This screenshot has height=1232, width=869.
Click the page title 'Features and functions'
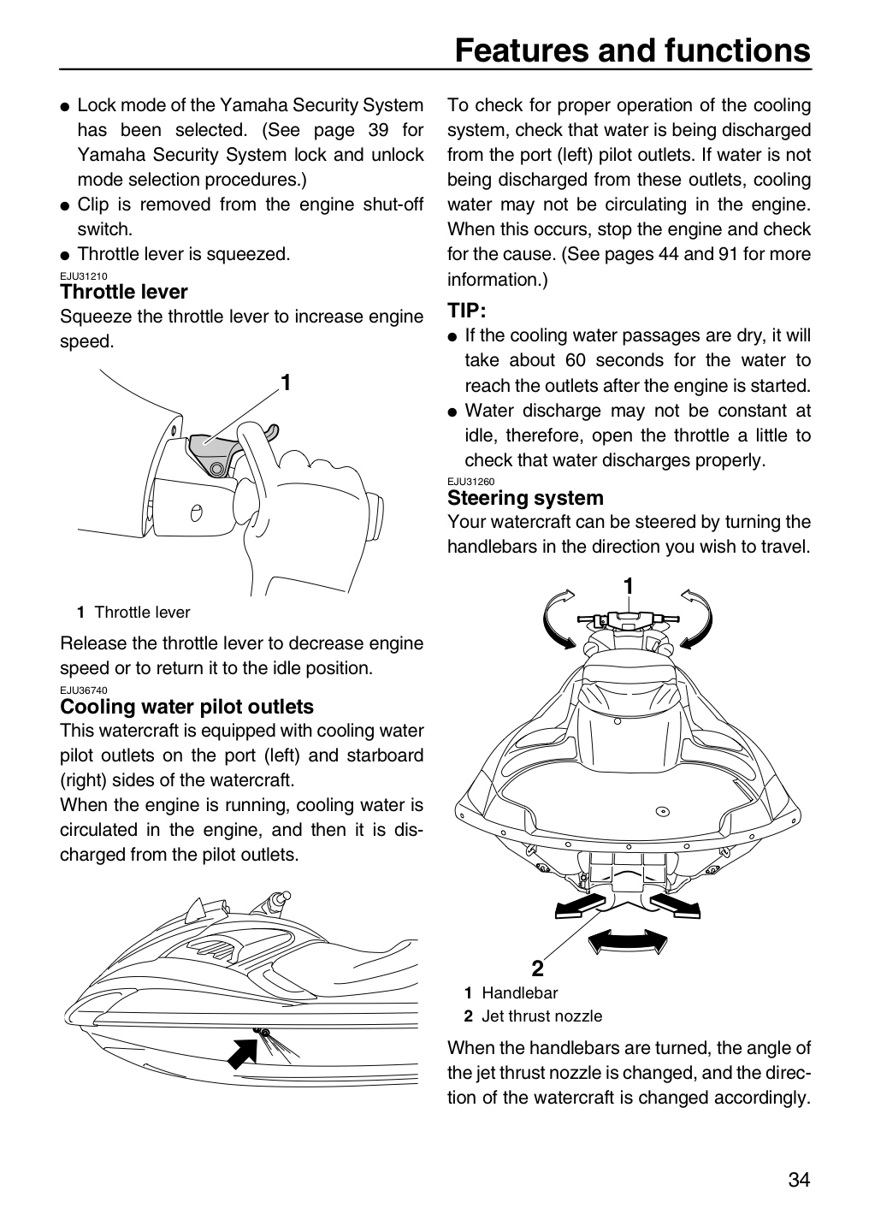click(x=632, y=50)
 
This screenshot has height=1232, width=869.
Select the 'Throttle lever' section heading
click(x=124, y=292)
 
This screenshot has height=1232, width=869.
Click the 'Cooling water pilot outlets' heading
click(x=186, y=706)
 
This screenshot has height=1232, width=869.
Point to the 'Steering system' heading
click(x=525, y=498)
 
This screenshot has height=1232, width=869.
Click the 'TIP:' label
click(x=466, y=311)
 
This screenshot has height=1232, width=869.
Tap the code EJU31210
click(x=84, y=276)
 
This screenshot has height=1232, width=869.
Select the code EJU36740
click(x=84, y=690)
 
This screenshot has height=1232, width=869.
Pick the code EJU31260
click(x=470, y=482)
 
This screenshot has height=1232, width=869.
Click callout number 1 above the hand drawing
click(x=286, y=382)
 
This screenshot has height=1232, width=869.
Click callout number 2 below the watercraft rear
click(x=537, y=968)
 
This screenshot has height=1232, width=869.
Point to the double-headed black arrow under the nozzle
click(x=628, y=941)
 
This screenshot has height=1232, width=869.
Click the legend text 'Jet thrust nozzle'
click(x=541, y=1016)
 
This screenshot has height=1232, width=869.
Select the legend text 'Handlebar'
click(x=520, y=992)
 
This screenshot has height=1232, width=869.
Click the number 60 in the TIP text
click(x=575, y=360)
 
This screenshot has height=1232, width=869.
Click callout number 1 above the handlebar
click(x=628, y=587)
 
